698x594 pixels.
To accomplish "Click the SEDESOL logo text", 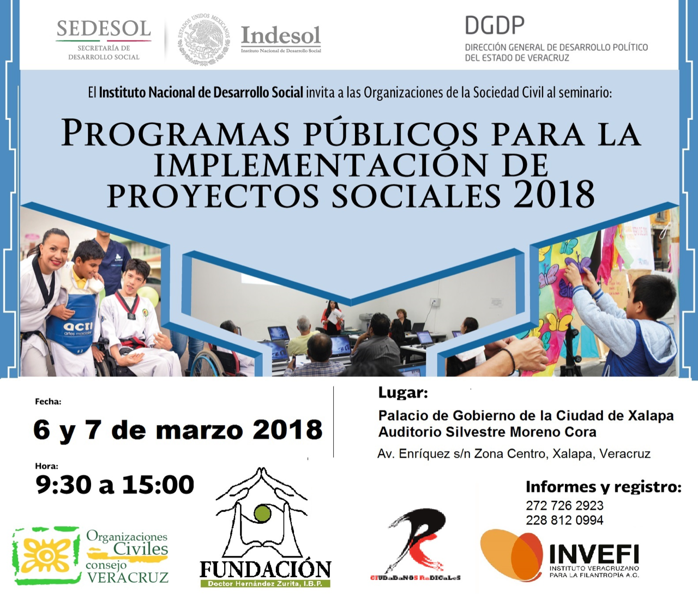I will tap(104, 29).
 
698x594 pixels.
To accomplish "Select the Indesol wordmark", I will tap(281, 35).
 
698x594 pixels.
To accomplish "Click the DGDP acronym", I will tap(495, 26).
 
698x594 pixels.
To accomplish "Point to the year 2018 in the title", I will tap(553, 195).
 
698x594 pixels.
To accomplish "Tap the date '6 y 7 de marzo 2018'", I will tap(178, 430).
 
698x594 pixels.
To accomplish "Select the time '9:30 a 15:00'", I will tap(115, 484).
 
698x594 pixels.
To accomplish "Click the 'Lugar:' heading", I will tap(403, 393).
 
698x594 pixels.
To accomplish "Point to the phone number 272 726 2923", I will tap(564, 505).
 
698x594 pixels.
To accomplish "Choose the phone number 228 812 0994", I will tap(564, 520).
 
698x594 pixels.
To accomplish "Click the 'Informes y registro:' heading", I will tap(603, 487).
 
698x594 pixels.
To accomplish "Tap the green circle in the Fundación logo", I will tap(262, 513).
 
